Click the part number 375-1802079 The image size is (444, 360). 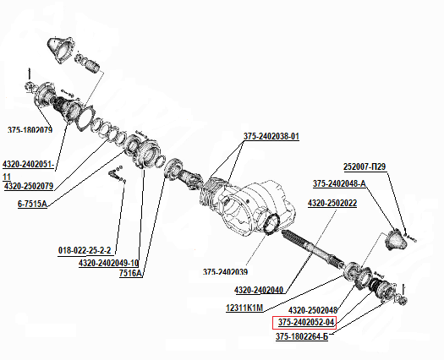click(30, 130)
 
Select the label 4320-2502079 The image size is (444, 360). click(29, 186)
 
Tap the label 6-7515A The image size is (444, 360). click(32, 204)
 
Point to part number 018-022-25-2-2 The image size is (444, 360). click(85, 250)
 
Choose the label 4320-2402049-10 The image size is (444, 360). click(109, 263)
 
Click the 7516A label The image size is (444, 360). click(130, 274)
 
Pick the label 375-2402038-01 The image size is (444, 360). click(271, 136)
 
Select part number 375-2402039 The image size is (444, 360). click(226, 272)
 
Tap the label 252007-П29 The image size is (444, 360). click(365, 166)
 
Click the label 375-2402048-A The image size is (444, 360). click(339, 183)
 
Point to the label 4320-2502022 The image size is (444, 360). click(332, 203)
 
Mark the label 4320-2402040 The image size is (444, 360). click(259, 290)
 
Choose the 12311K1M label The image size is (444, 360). click(244, 308)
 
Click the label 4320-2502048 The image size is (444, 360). click(313, 310)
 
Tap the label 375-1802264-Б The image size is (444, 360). click(302, 337)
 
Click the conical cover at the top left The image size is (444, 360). click(61, 50)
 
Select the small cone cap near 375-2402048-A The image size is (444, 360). click(397, 240)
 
